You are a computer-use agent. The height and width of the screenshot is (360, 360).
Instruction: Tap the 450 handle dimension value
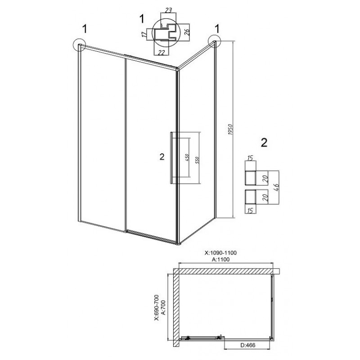(x=187, y=157)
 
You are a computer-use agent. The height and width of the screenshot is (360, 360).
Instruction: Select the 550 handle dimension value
(x=197, y=160)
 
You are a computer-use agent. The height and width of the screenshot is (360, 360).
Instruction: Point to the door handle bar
(x=171, y=158)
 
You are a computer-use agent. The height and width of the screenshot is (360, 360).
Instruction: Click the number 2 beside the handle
(x=162, y=157)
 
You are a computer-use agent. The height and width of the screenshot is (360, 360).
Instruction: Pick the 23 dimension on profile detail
(x=168, y=10)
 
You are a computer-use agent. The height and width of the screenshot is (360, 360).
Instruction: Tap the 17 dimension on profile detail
(x=144, y=35)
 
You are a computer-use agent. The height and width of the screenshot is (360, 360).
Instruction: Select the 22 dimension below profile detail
(x=162, y=52)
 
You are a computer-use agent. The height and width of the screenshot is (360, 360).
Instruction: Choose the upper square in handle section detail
(x=251, y=178)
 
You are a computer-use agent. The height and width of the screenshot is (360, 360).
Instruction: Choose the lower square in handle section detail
(x=251, y=197)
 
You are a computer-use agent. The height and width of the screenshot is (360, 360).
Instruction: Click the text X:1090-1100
(x=220, y=253)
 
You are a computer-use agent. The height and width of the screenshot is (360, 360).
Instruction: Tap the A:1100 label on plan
(x=220, y=260)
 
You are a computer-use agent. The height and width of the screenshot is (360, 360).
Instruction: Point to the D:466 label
(x=248, y=345)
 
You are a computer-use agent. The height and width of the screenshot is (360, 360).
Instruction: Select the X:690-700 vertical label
(x=156, y=307)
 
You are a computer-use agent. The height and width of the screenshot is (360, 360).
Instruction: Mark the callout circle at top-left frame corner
(x=79, y=45)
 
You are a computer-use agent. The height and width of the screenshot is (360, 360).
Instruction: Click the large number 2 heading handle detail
(x=264, y=143)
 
